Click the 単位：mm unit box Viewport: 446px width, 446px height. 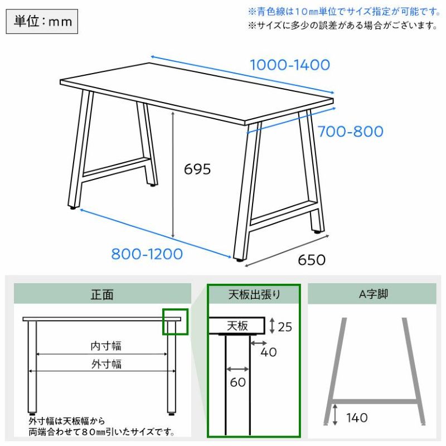tap(42, 21)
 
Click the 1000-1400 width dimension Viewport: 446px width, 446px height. tap(290, 65)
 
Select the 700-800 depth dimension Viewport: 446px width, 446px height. tap(351, 132)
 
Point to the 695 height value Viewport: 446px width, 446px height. tap(197, 169)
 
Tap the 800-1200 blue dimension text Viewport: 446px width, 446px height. tap(147, 254)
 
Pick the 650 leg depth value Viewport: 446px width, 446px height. tap(312, 260)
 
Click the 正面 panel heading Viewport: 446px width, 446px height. tap(102, 294)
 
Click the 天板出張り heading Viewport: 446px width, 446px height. tap(254, 294)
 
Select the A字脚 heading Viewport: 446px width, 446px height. tap(374, 294)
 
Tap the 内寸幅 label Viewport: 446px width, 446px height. tap(106, 346)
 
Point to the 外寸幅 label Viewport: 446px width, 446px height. tap(106, 364)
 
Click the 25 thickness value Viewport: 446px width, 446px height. tap(285, 327)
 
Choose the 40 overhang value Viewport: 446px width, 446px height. tap(269, 352)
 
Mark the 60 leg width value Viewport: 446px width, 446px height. tap(238, 382)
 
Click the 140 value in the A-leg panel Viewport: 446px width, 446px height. tap(357, 418)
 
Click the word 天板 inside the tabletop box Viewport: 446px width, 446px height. tap(237, 326)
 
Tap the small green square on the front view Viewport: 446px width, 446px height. tap(175, 322)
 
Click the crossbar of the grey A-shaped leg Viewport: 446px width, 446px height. tap(375, 401)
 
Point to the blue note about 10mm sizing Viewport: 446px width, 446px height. tap(345, 12)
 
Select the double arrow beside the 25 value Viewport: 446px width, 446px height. tap(272, 326)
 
